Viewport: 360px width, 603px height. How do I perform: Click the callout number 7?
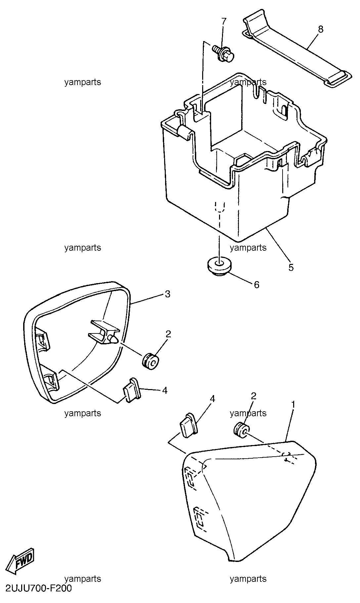tap(224, 22)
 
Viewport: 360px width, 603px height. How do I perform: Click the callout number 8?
tap(320, 29)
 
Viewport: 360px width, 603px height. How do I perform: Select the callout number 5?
tap(291, 267)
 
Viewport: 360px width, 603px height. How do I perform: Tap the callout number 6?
tap(256, 284)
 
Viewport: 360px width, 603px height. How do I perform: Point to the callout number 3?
tap(167, 294)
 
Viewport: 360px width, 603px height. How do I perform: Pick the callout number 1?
tap(293, 404)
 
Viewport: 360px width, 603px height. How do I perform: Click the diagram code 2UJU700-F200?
tap(38, 588)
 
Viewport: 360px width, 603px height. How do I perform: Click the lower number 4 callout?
tap(164, 390)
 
